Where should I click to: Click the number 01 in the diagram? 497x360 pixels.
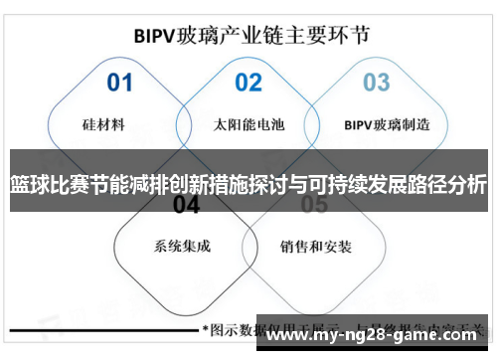[119, 82]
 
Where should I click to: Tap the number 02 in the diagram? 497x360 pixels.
[248, 82]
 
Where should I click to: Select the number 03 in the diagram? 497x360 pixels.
[376, 82]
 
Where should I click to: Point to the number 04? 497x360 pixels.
[186, 205]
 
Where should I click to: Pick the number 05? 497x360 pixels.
[314, 205]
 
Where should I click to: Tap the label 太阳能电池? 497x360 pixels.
[248, 125]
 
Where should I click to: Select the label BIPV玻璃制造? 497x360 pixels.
[388, 125]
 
